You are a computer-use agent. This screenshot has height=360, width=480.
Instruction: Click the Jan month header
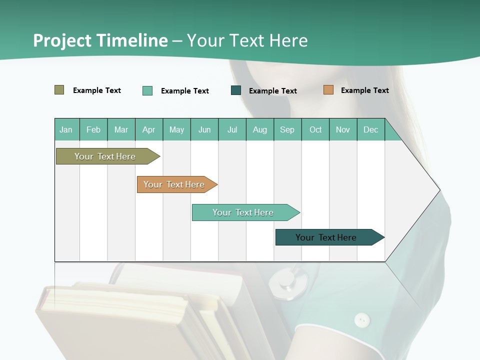click(x=66, y=130)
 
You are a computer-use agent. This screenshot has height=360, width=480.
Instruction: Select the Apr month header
click(x=148, y=130)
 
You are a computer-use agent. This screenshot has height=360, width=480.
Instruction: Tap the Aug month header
click(x=259, y=130)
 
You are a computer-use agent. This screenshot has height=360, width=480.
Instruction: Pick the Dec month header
click(x=370, y=130)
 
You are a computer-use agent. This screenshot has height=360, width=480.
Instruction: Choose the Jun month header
click(x=204, y=130)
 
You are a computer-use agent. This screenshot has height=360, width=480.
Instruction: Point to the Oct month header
click(x=315, y=130)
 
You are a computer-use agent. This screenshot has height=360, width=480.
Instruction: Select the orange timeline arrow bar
click(x=175, y=184)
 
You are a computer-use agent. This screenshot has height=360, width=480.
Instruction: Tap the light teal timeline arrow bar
click(x=244, y=212)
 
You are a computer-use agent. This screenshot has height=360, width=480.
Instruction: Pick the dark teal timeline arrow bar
click(x=327, y=237)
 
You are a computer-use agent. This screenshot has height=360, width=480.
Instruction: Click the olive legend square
click(x=59, y=90)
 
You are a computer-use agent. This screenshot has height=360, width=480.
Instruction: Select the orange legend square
click(x=328, y=90)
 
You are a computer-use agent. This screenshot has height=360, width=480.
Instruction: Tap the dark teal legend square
click(x=236, y=90)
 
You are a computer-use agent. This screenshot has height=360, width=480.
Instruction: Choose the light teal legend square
click(x=147, y=90)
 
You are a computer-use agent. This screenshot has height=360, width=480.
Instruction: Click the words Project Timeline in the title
click(x=100, y=40)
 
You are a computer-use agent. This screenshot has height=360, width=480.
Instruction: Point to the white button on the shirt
click(x=362, y=319)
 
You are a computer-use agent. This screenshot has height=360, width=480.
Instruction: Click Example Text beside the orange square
click(x=364, y=90)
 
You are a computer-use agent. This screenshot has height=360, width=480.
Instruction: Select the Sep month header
click(x=287, y=130)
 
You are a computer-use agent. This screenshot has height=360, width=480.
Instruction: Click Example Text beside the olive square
click(x=96, y=90)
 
